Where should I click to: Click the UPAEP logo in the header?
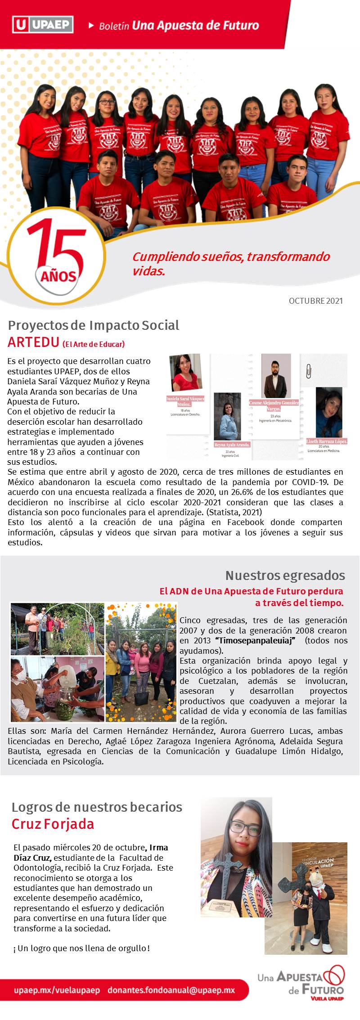pos(43,24)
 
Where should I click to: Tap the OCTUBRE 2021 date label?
pos(315,301)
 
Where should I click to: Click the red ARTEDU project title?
pos(33,342)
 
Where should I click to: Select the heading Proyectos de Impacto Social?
pos(94,325)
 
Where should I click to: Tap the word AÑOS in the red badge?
pos(58,276)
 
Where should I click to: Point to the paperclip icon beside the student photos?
pos(309,372)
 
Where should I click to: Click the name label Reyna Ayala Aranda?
pos(232,445)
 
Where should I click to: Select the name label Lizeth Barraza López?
pos(327,441)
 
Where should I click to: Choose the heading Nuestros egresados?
pos(285,575)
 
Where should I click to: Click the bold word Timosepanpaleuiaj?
pos(255,641)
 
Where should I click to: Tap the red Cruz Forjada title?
pos(53,824)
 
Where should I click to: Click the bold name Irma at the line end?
pos(158,848)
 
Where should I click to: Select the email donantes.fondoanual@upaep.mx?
pos(171,990)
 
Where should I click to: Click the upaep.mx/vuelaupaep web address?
pos(57,990)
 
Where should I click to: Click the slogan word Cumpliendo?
pos(166,257)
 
